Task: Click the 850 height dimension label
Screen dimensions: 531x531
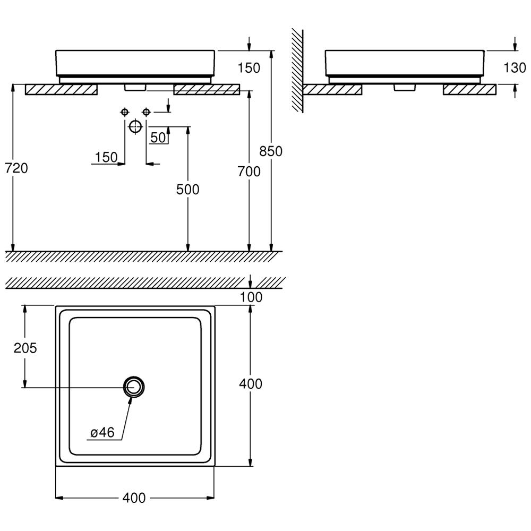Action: pos(271,151)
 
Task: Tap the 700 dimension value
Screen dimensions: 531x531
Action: pos(249,172)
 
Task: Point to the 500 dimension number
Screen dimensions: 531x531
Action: pos(188,189)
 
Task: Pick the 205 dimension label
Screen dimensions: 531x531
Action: pos(25,348)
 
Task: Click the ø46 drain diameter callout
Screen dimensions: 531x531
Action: pos(102,433)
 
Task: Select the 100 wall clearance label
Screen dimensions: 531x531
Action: pos(251,298)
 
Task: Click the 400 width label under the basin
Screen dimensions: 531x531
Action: pos(134,498)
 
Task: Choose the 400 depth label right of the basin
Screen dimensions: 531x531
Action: pos(251,383)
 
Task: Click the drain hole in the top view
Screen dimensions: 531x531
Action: pos(134,387)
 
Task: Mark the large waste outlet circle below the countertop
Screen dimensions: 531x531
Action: pos(135,126)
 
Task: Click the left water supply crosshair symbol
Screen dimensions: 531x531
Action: pos(124,112)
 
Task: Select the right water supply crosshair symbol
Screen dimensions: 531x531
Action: pos(146,112)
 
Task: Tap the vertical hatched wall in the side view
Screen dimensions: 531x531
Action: pos(297,69)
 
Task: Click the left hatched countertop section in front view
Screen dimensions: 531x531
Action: pos(61,90)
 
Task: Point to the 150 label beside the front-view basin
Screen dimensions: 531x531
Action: pos(249,68)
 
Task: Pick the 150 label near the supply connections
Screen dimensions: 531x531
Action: pos(106,157)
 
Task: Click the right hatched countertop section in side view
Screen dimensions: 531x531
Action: pos(469,90)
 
